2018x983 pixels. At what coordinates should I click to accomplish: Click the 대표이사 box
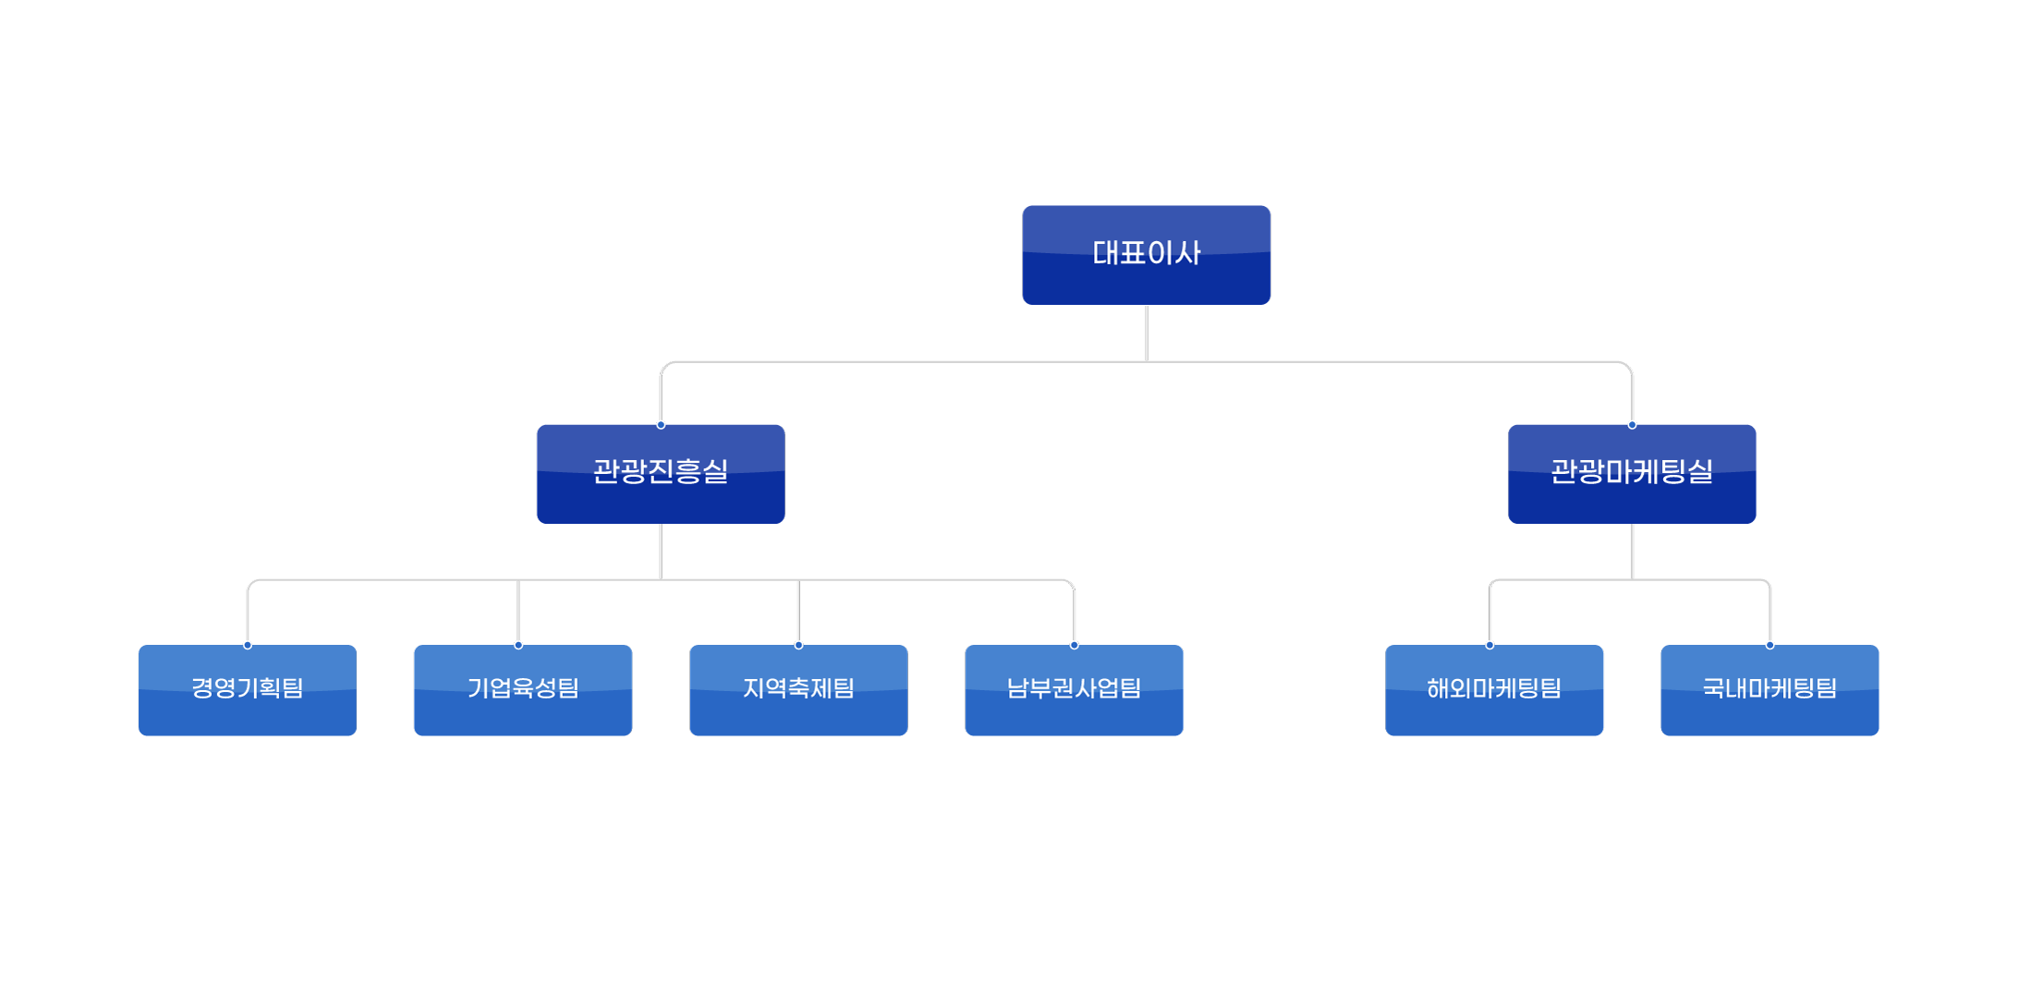point(1146,254)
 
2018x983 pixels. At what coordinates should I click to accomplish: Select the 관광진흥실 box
point(661,473)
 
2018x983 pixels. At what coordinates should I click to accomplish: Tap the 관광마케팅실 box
point(1632,473)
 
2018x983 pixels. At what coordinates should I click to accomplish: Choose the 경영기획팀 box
point(248,689)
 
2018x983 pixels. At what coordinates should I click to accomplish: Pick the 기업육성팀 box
point(523,689)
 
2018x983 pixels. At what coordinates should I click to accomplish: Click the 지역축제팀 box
point(798,689)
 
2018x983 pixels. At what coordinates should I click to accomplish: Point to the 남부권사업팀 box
point(1074,689)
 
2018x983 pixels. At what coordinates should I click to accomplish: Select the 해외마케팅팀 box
point(1494,689)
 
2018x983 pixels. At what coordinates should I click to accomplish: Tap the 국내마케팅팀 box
point(1769,689)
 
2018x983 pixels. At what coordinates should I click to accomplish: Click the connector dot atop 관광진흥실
point(661,425)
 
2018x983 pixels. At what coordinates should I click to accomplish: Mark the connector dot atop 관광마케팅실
point(1632,425)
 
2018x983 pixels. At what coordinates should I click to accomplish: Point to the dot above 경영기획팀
point(248,645)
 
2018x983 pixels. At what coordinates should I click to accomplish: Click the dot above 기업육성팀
point(518,645)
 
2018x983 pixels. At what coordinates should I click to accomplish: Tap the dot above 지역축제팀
point(798,645)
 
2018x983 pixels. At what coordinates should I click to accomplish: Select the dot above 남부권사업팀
point(1074,645)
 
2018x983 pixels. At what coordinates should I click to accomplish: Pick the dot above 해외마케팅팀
point(1489,645)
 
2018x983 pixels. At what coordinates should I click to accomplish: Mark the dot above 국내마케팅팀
point(1769,645)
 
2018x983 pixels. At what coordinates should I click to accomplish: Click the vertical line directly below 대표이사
point(1146,333)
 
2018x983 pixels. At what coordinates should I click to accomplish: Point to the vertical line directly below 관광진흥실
point(661,552)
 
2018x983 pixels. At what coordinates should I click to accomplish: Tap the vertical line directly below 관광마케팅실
point(1632,552)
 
